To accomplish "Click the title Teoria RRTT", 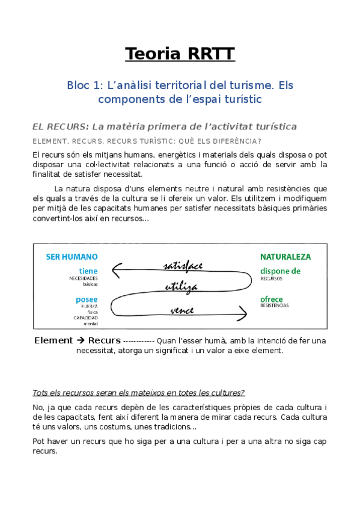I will pyautogui.click(x=180, y=55).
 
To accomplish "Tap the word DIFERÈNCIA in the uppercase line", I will pyautogui.click(x=238, y=141).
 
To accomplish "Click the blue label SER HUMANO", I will pyautogui.click(x=72, y=257).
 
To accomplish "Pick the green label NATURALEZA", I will pyautogui.click(x=285, y=257).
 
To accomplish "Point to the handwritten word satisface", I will pyautogui.click(x=183, y=265).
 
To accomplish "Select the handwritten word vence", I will pyautogui.click(x=182, y=311).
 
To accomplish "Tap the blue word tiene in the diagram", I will pyautogui.click(x=88, y=271).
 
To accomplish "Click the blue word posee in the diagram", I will pyautogui.click(x=87, y=299).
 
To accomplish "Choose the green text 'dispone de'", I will pyautogui.click(x=280, y=271).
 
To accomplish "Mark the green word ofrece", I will pyautogui.click(x=272, y=299).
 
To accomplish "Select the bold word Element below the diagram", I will pyautogui.click(x=53, y=340).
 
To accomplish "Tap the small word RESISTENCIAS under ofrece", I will pyautogui.click(x=274, y=306).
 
